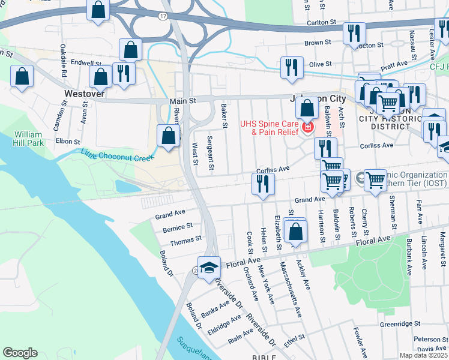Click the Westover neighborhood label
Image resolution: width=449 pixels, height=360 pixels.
(x=85, y=94)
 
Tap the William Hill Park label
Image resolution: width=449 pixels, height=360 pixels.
(x=28, y=139)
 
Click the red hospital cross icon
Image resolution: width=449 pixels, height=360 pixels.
(x=307, y=128)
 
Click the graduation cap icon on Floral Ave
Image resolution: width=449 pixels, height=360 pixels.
(x=208, y=267)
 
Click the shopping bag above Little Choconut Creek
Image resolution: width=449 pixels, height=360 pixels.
(x=169, y=134)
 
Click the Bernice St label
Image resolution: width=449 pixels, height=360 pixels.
(x=177, y=228)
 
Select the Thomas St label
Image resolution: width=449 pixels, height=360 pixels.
(x=185, y=239)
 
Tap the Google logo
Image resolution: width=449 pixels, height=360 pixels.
(x=20, y=353)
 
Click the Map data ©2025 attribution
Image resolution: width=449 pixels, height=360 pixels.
(x=423, y=355)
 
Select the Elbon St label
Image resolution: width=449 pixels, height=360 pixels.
(x=68, y=142)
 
